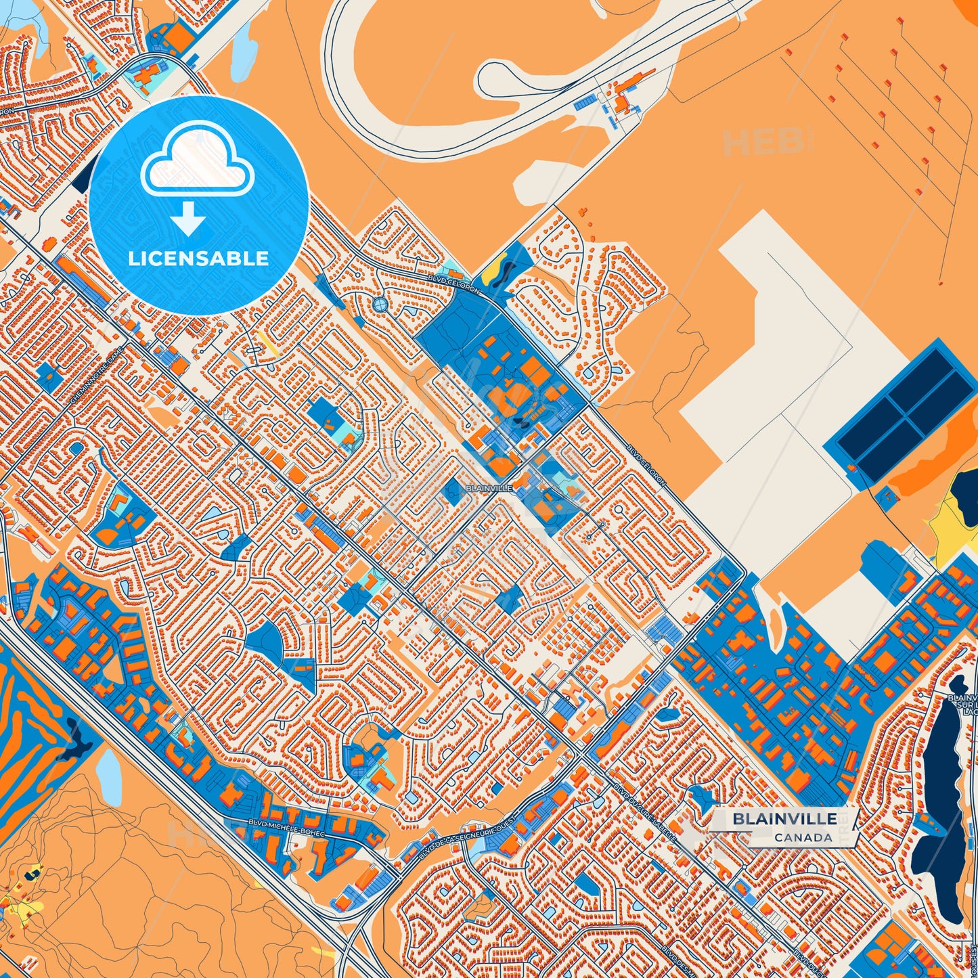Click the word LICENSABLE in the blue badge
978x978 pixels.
(199, 259)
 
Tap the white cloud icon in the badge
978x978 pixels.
(197, 160)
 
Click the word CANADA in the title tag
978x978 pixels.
(803, 837)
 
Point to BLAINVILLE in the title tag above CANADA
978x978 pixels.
(784, 819)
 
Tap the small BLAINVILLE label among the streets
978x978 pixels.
(489, 487)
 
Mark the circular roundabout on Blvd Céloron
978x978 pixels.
(380, 305)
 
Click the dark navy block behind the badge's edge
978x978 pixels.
(84, 177)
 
